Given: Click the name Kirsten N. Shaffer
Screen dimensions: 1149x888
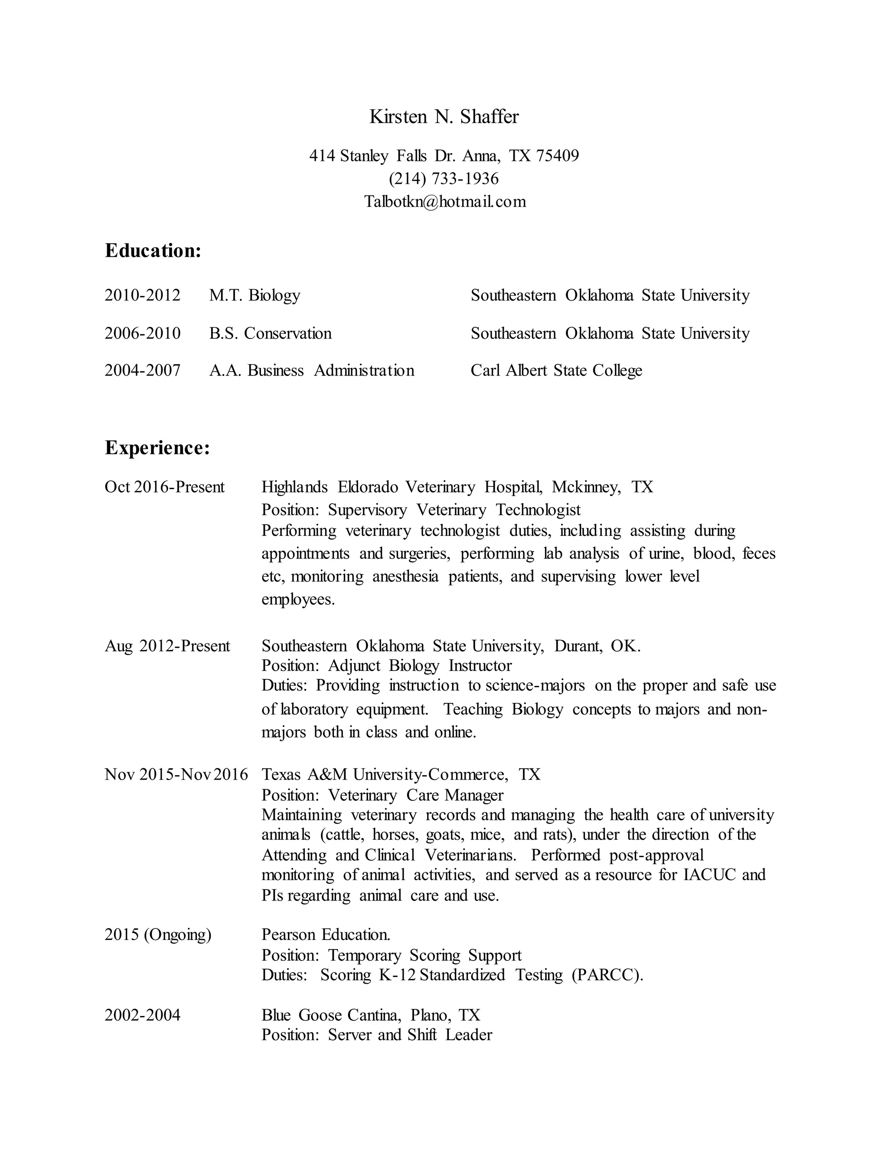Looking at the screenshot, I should [444, 117].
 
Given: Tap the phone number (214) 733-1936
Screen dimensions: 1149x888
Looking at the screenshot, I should [444, 179].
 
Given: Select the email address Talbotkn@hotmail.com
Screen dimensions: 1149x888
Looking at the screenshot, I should [445, 202].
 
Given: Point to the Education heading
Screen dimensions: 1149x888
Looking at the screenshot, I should [153, 251].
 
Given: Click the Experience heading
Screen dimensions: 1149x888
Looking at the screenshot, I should [157, 448].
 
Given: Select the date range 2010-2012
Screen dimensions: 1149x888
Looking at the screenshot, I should [143, 295].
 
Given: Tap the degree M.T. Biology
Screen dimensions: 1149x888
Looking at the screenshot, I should [255, 295].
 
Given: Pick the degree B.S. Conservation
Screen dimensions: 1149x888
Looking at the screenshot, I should [271, 333].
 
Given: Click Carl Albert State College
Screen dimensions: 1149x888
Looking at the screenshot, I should [556, 370].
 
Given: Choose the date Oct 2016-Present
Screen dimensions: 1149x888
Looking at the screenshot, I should [165, 487].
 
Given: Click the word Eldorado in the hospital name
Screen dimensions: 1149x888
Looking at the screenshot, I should [368, 487].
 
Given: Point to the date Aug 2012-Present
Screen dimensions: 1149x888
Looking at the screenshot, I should [167, 646].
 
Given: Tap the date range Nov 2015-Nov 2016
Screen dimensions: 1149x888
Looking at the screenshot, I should [176, 774].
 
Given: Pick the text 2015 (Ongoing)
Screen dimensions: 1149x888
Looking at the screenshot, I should [158, 934].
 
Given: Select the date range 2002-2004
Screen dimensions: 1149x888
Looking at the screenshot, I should [143, 1015].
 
